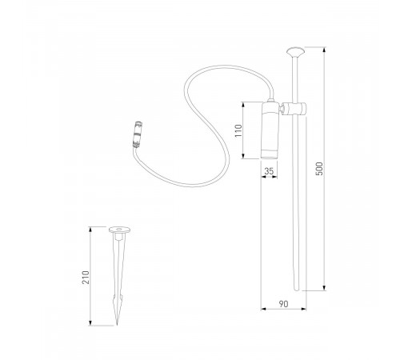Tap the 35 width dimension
270,171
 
